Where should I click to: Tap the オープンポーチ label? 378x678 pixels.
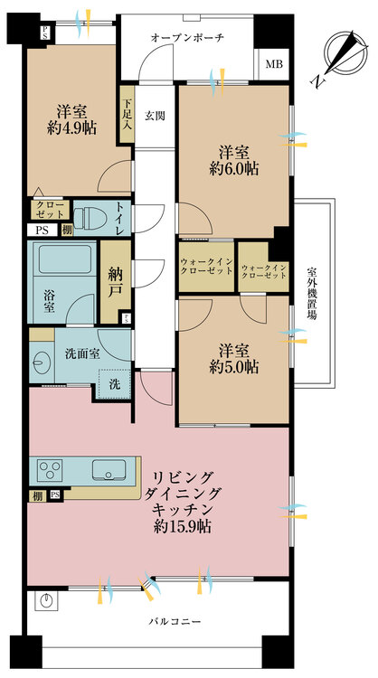click(x=187, y=37)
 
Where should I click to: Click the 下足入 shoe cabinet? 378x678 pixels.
click(x=127, y=114)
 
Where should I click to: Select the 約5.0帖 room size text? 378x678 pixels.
click(x=232, y=367)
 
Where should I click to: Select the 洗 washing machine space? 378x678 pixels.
click(x=114, y=383)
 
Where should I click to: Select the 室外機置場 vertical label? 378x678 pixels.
click(x=311, y=297)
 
